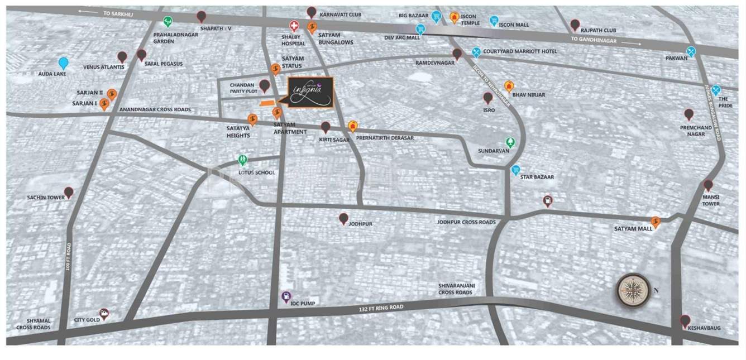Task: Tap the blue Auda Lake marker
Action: [x=64, y=63]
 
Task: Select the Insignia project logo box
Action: [x=311, y=92]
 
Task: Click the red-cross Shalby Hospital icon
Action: [x=294, y=26]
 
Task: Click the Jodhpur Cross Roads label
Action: [x=466, y=222]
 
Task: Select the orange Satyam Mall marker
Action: [x=656, y=222]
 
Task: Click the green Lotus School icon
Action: [x=242, y=160]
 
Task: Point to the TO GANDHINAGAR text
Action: [x=594, y=40]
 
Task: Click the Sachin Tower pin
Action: [x=69, y=193]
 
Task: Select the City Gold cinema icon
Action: [x=104, y=314]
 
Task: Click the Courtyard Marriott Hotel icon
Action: [x=476, y=52]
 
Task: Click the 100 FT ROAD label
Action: [x=68, y=257]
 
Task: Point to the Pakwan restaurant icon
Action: [x=691, y=52]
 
